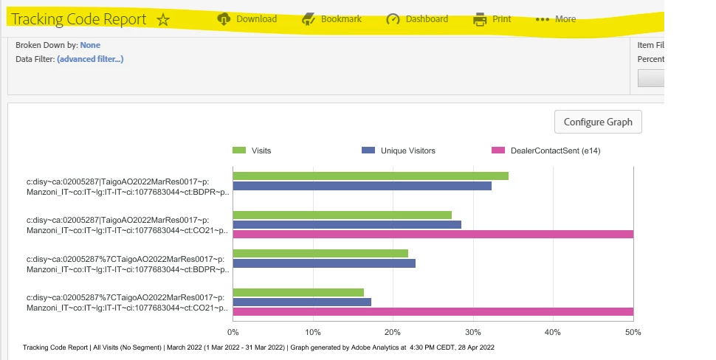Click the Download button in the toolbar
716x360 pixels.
[x=247, y=19]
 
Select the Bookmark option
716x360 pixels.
[x=332, y=19]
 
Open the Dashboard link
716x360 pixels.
[x=417, y=19]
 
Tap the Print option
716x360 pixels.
[x=492, y=19]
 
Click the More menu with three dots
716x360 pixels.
[x=556, y=19]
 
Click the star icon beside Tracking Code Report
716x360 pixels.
[x=163, y=20]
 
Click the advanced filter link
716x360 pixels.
[x=90, y=59]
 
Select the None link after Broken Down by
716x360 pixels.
[x=90, y=45]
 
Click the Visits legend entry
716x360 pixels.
[x=252, y=150]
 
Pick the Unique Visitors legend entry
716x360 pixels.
[x=399, y=150]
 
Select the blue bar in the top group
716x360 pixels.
[x=362, y=186]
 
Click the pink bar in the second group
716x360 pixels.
[x=433, y=234]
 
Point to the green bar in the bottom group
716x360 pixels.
[x=298, y=292]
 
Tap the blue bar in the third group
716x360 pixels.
[x=324, y=263]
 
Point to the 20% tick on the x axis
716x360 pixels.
[x=393, y=333]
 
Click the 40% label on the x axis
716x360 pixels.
[x=553, y=333]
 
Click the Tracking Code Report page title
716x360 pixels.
[x=79, y=20]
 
